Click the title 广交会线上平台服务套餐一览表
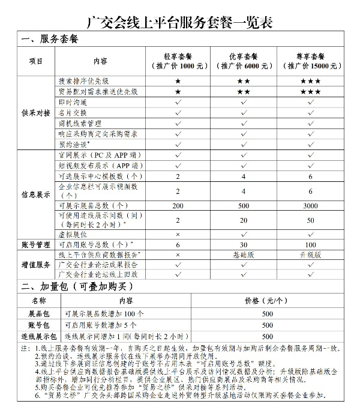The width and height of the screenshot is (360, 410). pos(180,22)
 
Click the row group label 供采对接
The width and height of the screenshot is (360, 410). pos(36,112)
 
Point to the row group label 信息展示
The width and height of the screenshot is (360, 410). pos(36,194)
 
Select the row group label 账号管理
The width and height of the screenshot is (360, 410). pos(36,244)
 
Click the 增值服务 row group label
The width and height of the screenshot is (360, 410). pos(36,264)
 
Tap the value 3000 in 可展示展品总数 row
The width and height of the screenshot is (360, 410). pos(311,205)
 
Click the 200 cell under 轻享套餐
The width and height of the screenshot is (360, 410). pos(178,205)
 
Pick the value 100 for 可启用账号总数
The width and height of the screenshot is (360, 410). pos(311,244)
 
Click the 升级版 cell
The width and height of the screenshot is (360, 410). pos(311,255)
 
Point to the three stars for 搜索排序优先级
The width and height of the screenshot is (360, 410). pos(311,80)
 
